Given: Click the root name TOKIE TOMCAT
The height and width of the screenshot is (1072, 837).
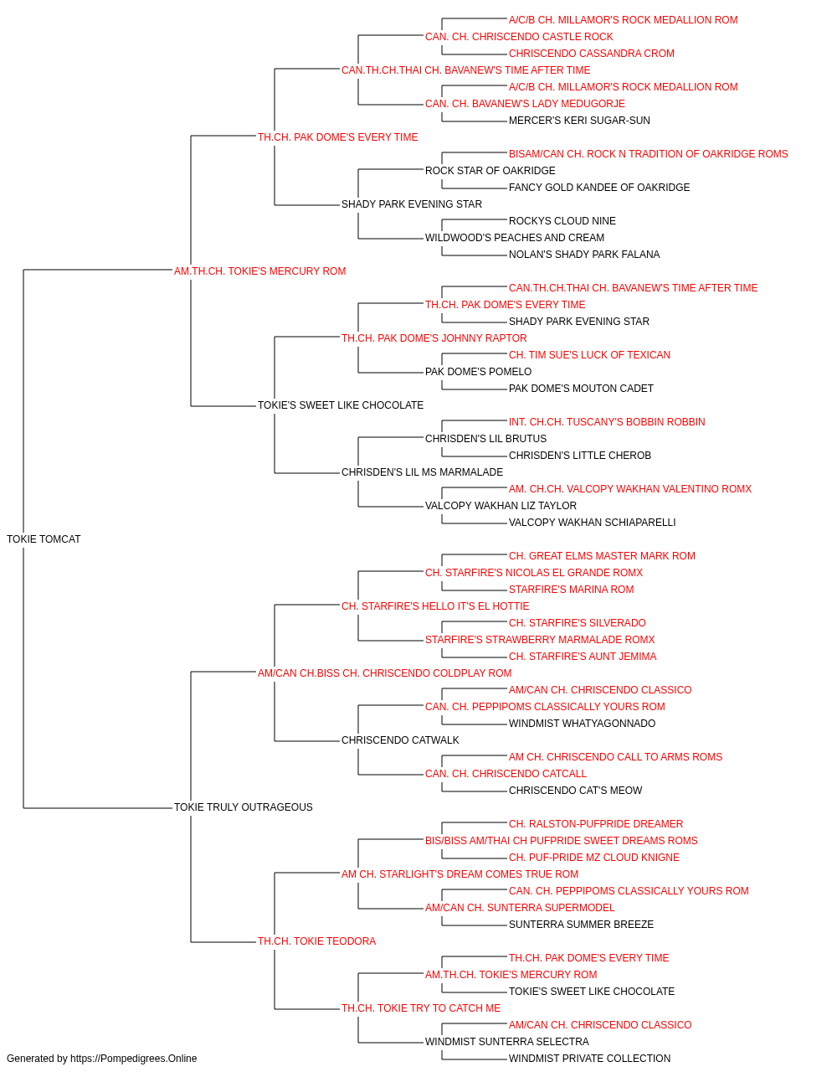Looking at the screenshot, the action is tap(44, 539).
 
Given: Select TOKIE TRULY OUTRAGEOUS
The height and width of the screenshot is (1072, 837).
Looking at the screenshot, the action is tap(243, 807).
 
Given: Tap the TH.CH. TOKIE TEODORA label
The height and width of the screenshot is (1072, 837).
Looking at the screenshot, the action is tap(316, 941).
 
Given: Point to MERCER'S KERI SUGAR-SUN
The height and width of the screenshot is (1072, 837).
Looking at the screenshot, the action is tap(579, 121).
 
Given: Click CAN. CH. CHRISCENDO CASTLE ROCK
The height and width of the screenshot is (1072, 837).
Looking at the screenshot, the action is tap(519, 37).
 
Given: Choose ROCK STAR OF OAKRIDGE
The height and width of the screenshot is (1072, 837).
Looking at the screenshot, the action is tap(490, 171).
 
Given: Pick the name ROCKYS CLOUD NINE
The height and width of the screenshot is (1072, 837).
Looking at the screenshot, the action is tap(562, 221).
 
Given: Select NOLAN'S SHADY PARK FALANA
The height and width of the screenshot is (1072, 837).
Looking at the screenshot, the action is tap(584, 255).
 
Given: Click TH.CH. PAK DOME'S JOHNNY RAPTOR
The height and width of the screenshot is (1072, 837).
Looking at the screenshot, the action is tap(434, 338).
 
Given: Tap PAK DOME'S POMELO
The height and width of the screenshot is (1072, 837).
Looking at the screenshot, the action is tap(478, 372).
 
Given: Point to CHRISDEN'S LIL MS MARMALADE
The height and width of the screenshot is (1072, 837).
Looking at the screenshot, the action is tap(422, 472).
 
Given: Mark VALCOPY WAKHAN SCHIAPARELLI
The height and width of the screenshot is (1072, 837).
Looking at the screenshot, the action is tap(592, 523).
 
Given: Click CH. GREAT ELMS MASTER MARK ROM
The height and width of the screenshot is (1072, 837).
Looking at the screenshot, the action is tap(602, 556).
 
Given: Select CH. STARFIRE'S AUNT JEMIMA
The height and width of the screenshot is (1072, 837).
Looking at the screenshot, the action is tap(583, 656).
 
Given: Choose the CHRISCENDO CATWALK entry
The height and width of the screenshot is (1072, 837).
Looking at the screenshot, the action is tap(400, 740).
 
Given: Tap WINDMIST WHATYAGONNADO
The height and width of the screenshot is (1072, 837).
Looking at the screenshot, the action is tap(583, 724).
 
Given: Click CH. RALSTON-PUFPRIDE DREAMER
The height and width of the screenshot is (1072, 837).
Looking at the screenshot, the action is tap(596, 824).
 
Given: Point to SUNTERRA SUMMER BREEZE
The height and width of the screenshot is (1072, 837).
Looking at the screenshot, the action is tap(581, 925).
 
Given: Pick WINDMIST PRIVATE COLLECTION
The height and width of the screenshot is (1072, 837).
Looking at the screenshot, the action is tap(589, 1059).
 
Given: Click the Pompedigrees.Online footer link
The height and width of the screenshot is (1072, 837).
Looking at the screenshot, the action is tap(133, 1059).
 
